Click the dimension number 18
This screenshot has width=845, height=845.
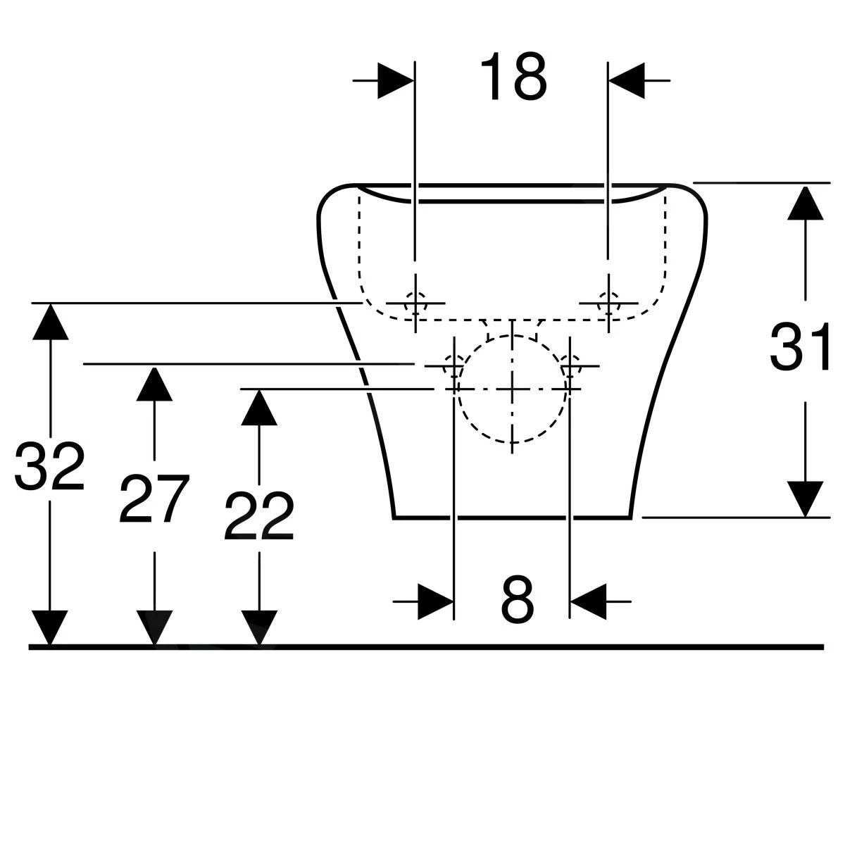513,77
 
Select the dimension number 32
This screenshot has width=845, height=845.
49,467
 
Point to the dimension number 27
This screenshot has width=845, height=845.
154,500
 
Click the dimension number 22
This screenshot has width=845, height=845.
258,517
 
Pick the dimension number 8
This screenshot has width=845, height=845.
518,600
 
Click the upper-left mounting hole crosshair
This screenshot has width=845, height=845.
415,303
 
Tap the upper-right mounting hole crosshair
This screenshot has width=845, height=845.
607,303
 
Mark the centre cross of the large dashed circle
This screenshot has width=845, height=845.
513,389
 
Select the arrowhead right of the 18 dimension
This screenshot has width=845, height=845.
627,81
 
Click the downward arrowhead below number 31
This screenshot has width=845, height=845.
805,499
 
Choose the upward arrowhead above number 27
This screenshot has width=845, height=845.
154,383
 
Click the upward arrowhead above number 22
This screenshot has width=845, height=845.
259,407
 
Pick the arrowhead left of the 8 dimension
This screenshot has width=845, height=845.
435,601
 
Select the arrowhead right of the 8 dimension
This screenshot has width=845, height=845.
587,601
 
